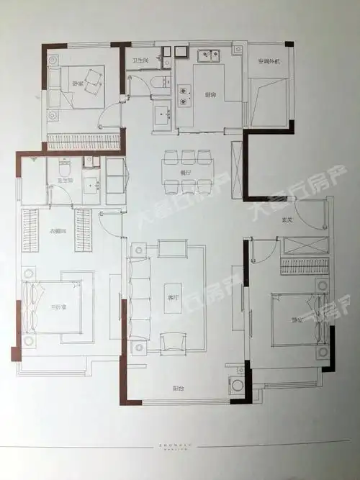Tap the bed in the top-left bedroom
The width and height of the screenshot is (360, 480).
79,86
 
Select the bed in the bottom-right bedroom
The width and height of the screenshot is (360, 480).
295,316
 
